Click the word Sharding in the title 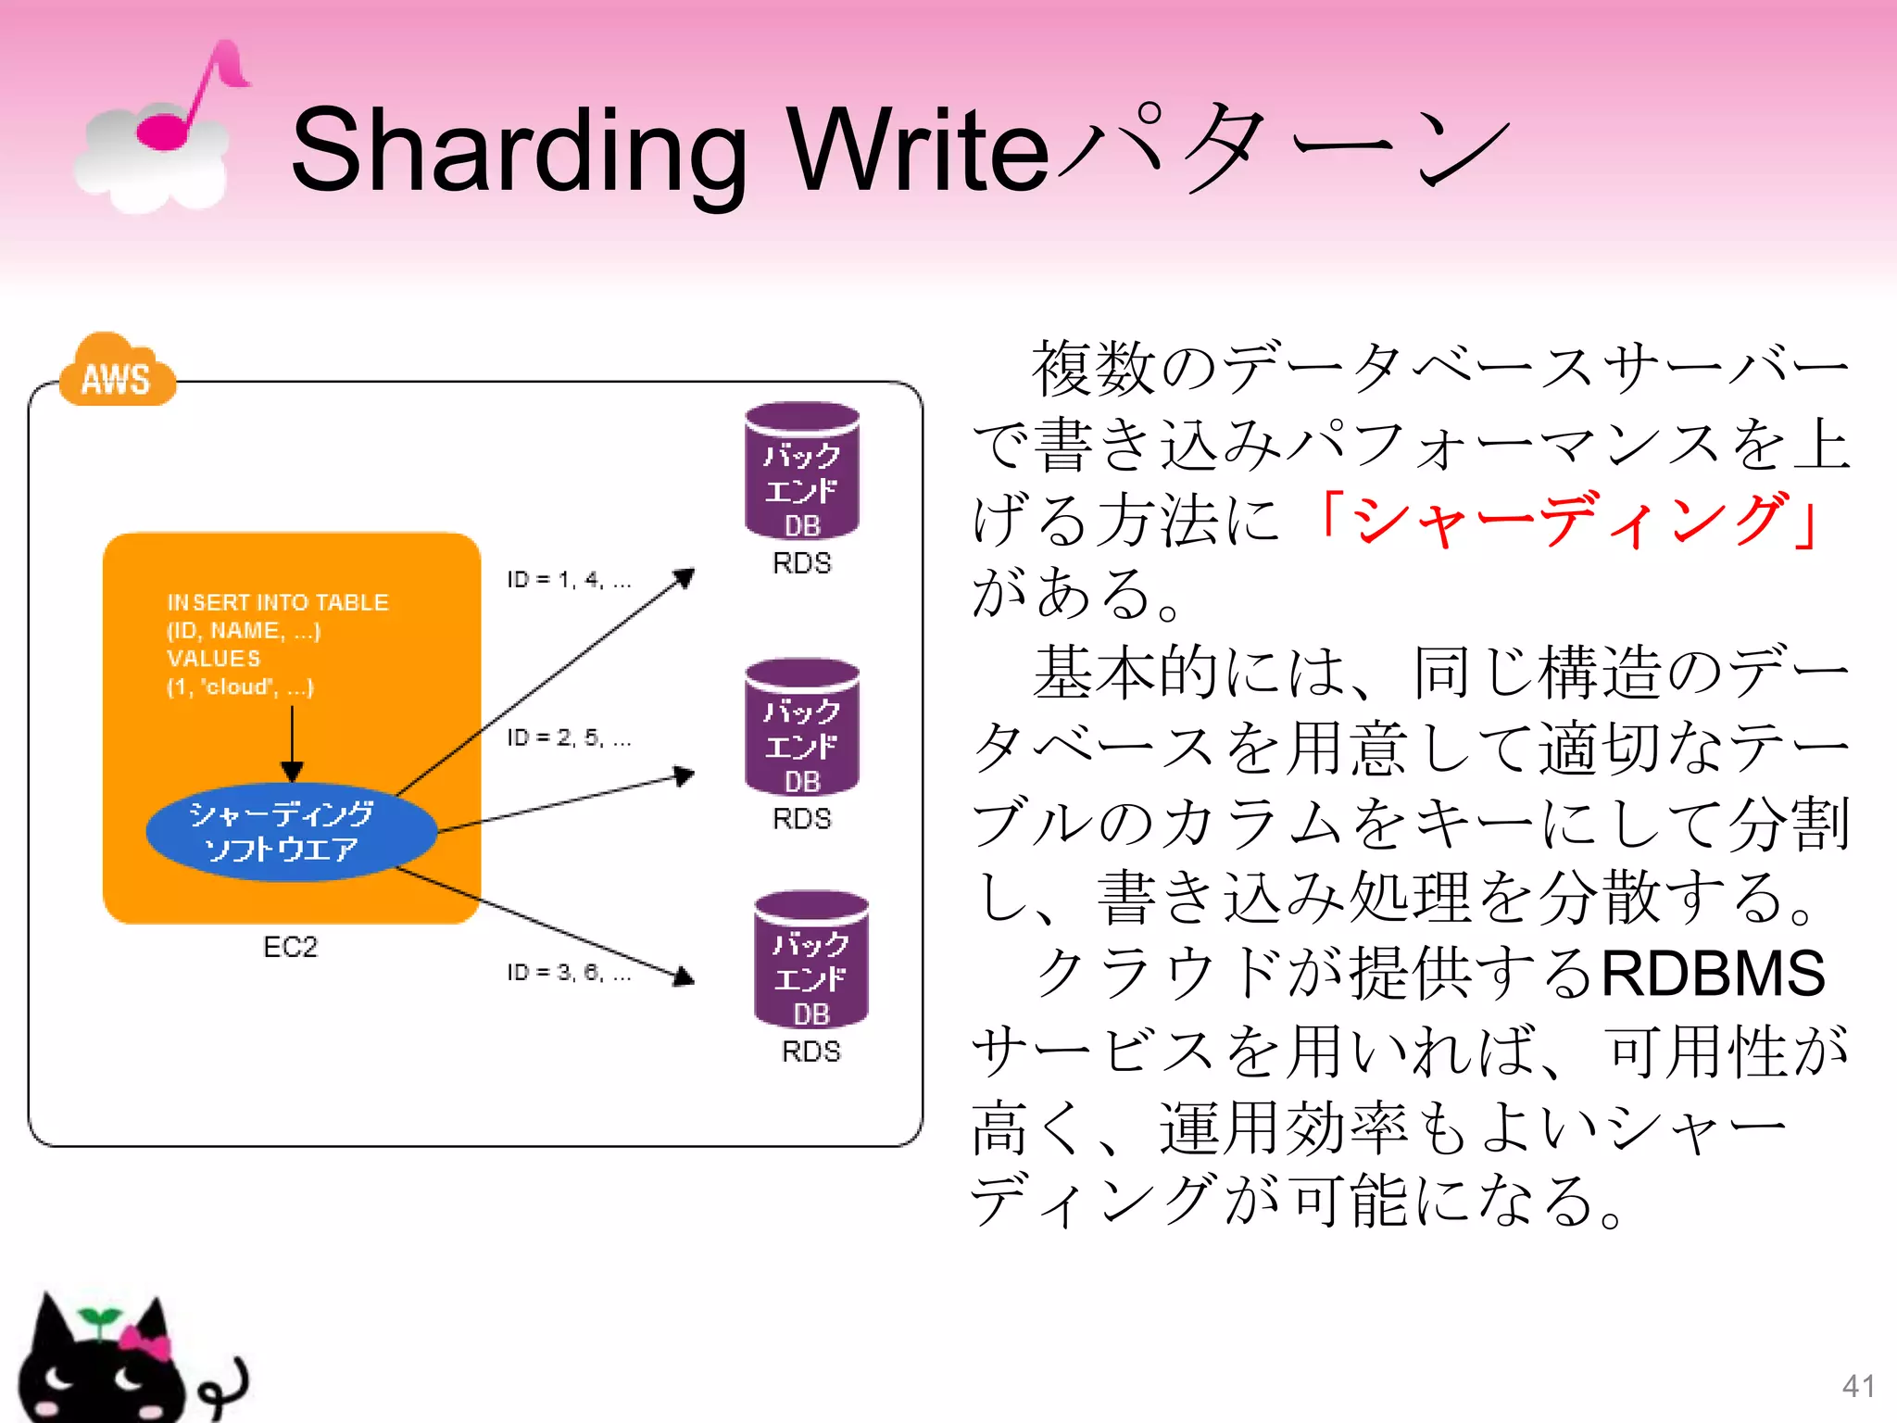click(x=518, y=150)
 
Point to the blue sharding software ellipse click(x=290, y=831)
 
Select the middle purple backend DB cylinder click(x=802, y=727)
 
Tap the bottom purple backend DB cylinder click(x=811, y=960)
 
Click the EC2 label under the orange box click(x=290, y=947)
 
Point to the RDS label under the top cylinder click(x=802, y=563)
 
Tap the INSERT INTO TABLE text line click(x=277, y=602)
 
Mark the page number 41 click(x=1858, y=1386)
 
